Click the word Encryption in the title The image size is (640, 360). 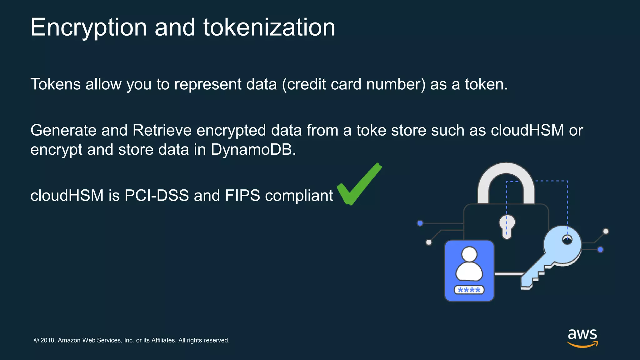coord(88,27)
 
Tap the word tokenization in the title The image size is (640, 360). coord(269,27)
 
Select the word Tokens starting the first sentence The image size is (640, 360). coord(55,84)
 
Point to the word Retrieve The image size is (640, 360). coord(162,130)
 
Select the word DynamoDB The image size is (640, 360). coord(253,150)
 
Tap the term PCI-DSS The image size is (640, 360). coord(157,196)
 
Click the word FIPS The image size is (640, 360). coord(242,196)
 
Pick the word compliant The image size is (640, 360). coord(299,196)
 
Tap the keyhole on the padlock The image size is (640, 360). coord(507,226)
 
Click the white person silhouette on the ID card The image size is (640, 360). coord(469,264)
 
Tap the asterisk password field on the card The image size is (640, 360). coord(469,290)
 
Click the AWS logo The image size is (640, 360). coord(582,337)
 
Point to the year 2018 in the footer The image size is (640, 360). coord(47,340)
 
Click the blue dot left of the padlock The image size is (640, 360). coord(420,223)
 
